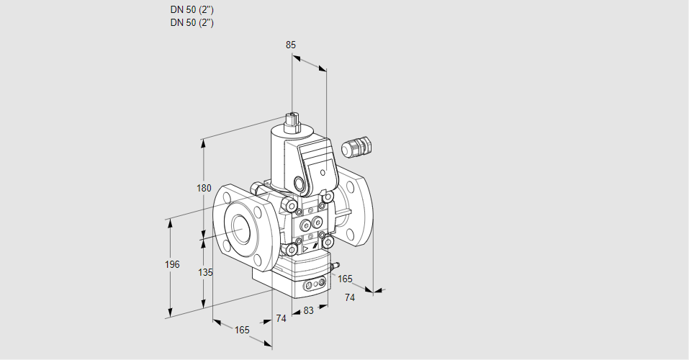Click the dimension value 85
(291, 45)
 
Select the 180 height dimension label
(204, 189)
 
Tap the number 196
(171, 265)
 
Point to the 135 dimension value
(205, 272)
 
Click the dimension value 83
(309, 310)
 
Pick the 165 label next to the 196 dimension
(242, 330)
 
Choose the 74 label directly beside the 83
(282, 318)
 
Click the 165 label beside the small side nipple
(346, 279)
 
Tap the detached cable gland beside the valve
(355, 147)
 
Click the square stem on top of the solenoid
(292, 119)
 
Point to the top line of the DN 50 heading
(192, 10)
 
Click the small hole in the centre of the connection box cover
(322, 173)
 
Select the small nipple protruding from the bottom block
(334, 267)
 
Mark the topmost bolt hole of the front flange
(229, 194)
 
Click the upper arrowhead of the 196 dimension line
(171, 222)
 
